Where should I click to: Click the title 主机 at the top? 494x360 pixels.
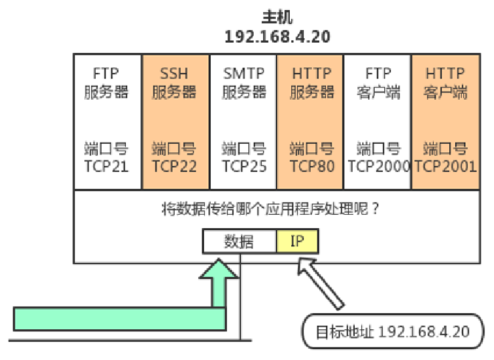click(x=277, y=16)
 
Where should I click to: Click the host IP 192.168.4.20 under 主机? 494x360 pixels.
click(x=277, y=36)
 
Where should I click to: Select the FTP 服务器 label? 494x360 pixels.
click(x=106, y=82)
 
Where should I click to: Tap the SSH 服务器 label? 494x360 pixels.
click(x=175, y=82)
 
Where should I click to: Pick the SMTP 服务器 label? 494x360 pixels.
click(x=244, y=82)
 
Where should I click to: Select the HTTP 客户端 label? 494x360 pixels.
click(x=446, y=82)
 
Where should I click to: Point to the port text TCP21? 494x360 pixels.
click(x=106, y=166)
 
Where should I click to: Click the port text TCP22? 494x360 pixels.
click(x=175, y=166)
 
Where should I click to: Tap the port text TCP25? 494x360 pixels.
click(x=244, y=166)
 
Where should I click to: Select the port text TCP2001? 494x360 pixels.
click(x=446, y=166)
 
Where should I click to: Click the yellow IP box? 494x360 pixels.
click(x=297, y=241)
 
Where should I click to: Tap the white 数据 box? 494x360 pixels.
click(x=240, y=241)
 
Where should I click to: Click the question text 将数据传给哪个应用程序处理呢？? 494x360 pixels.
click(x=271, y=209)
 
